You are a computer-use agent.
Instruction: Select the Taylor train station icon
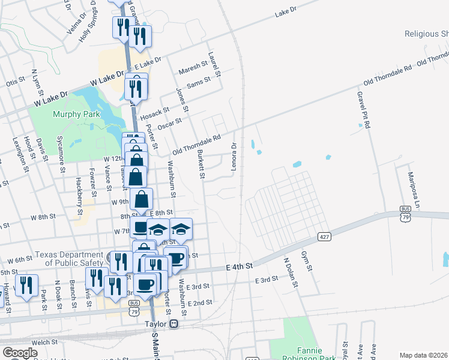[174, 323]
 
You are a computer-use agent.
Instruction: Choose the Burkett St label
[201, 165]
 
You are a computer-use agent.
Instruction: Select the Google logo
[20, 352]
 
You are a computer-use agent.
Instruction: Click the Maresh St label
[192, 68]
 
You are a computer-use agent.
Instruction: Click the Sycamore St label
[60, 154]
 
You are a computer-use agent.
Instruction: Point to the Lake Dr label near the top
[286, 13]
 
